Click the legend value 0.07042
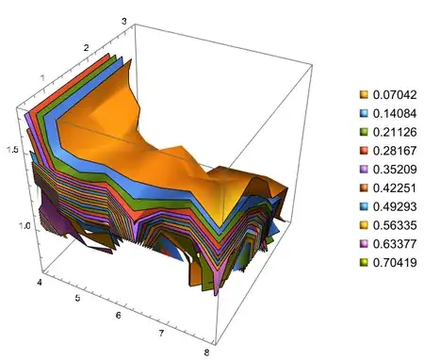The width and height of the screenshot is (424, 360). pos(395,94)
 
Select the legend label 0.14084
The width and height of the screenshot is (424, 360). pos(395,113)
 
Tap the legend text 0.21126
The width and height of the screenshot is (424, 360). pos(395,132)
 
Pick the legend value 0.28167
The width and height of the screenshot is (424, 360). pos(395,151)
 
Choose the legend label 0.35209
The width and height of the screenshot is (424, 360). pos(395,170)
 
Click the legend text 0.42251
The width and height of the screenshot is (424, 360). pos(395,188)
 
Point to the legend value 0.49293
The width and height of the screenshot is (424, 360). pos(395,206)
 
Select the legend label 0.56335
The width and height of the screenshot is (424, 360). pos(395,225)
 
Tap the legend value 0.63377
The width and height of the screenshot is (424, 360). pos(395,244)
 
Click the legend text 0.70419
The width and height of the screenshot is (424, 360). pos(395,262)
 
